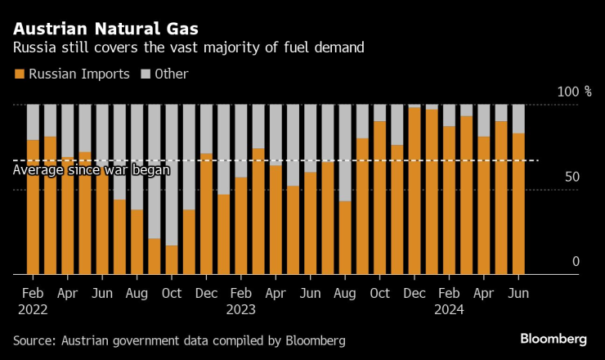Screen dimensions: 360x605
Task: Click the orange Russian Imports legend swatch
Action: coord(20,74)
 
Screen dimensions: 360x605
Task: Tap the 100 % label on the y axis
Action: coord(574,92)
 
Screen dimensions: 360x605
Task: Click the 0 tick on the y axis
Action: coord(576,262)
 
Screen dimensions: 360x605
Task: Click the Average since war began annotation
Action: coord(92,170)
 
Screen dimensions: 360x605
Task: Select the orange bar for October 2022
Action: coord(172,260)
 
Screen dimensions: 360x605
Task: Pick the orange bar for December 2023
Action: coord(415,191)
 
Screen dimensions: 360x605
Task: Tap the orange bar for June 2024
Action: coord(518,203)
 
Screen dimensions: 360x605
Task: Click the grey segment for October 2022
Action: coord(172,174)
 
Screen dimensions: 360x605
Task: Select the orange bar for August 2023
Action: coord(345,237)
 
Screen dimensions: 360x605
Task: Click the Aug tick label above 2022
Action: coord(137,293)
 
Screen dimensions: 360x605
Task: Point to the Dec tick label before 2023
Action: coord(207,293)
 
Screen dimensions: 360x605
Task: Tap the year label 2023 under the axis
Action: coord(242,310)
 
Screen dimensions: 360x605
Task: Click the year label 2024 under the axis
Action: coord(450,310)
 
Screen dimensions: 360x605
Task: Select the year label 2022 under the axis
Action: coord(34,310)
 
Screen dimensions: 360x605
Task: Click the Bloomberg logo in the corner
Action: coord(553,339)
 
